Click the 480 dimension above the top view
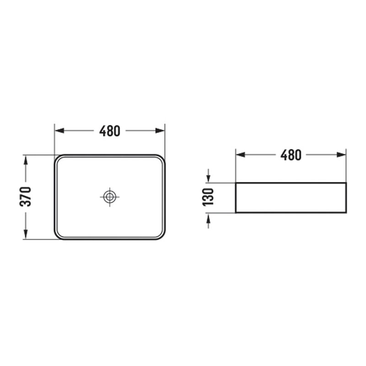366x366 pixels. [x=110, y=131]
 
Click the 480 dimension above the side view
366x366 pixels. [x=291, y=155]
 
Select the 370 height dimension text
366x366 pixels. [x=25, y=197]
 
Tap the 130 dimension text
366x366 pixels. [x=208, y=197]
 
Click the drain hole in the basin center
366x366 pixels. [x=109, y=197]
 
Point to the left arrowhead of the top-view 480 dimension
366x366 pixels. [x=59, y=131]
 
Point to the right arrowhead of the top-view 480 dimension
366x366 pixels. [x=160, y=131]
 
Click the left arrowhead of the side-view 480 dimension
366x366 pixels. [x=241, y=155]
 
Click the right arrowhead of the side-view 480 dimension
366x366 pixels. [x=341, y=155]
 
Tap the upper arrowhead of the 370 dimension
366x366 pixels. [x=26, y=159]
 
